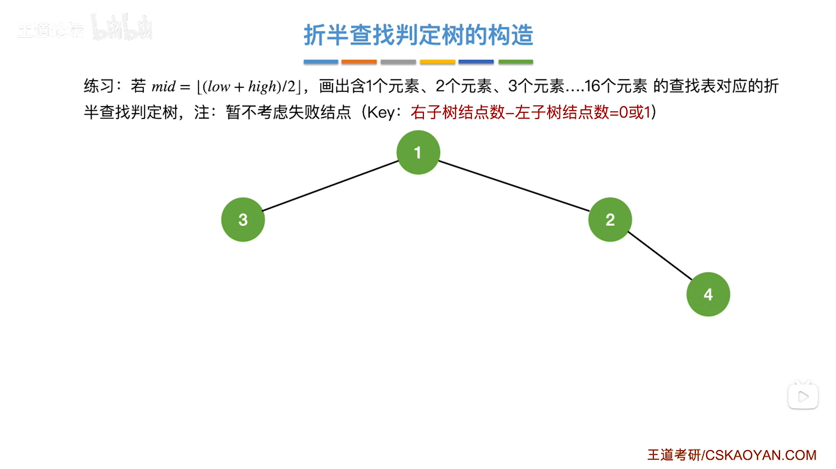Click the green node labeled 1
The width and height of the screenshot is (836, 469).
(x=418, y=152)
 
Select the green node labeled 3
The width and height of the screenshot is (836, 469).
(x=243, y=219)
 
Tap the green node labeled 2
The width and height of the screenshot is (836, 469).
(x=610, y=219)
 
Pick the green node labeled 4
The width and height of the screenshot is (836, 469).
(x=708, y=294)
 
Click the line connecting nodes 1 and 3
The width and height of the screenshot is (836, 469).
(x=330, y=186)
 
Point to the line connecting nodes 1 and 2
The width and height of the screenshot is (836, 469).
(x=514, y=186)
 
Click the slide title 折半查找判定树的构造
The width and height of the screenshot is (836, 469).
(x=418, y=35)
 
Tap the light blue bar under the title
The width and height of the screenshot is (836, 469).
(x=321, y=62)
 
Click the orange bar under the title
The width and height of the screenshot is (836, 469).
(x=359, y=62)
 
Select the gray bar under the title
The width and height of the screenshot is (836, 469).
(x=398, y=62)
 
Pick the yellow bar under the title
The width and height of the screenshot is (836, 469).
(x=437, y=62)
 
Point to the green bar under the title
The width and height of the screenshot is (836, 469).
(x=515, y=62)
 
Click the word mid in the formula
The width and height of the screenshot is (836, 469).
(x=163, y=86)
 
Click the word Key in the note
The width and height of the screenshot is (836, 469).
(x=380, y=113)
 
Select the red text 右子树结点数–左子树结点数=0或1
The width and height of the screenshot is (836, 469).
(x=530, y=113)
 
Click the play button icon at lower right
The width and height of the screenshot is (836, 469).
(x=803, y=397)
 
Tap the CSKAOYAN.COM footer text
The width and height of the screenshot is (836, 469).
(x=761, y=455)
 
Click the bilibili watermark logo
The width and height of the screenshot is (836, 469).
(x=122, y=27)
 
